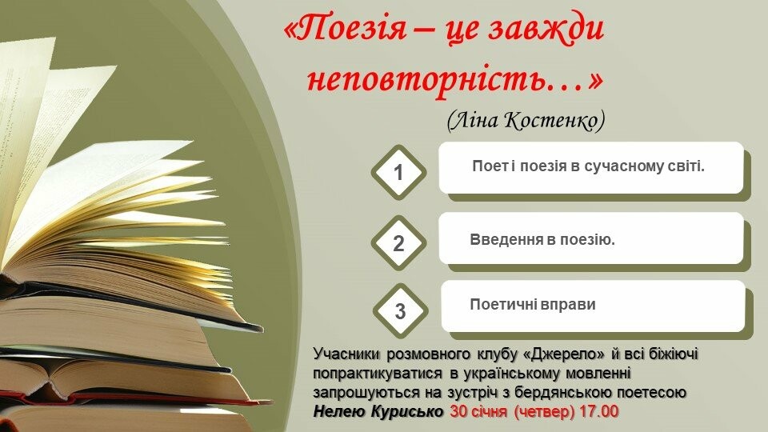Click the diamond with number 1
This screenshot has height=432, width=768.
pyautogui.click(x=398, y=173)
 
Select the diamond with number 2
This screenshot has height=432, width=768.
pyautogui.click(x=398, y=243)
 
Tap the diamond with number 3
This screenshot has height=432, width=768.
pyautogui.click(x=400, y=311)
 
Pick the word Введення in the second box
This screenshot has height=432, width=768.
pyautogui.click(x=506, y=239)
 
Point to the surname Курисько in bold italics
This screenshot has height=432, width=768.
pyautogui.click(x=407, y=411)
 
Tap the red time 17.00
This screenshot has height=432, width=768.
pyautogui.click(x=599, y=411)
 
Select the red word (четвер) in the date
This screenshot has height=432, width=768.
pyautogui.click(x=544, y=412)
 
